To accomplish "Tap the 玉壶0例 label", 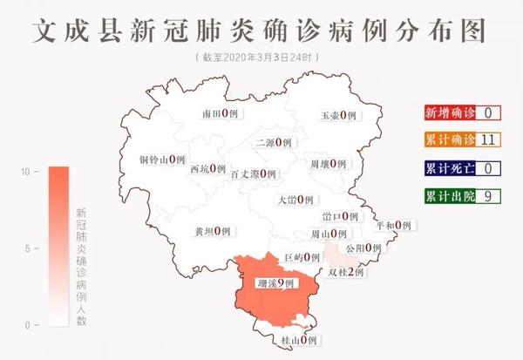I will (x=338, y=115).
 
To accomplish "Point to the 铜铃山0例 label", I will (x=163, y=160).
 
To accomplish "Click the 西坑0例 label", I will (x=207, y=169).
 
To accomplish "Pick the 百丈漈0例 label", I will (x=253, y=173).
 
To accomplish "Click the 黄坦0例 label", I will (x=212, y=231).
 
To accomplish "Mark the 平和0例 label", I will (x=392, y=225).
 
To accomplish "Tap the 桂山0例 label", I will (x=298, y=339).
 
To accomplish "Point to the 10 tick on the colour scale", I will (x=28, y=172).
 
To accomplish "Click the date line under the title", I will (x=261, y=58).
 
